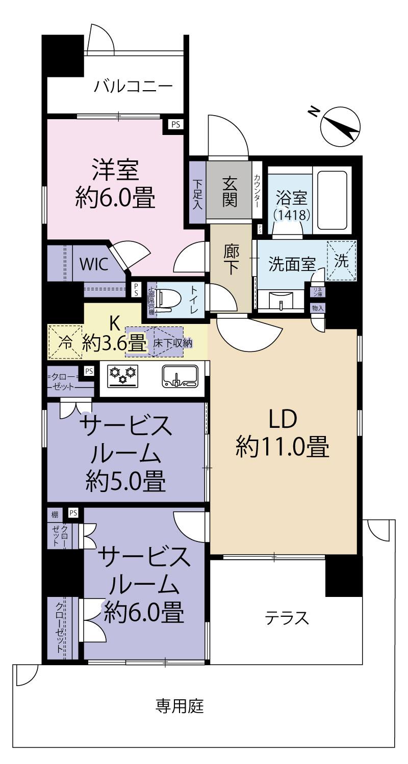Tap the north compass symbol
(340, 125)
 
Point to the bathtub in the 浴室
(332, 194)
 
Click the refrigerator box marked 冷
(65, 342)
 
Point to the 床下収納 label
(172, 342)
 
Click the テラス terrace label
(287, 618)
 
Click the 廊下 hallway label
(231, 261)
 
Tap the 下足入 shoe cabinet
(197, 193)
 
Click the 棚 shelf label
(55, 513)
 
